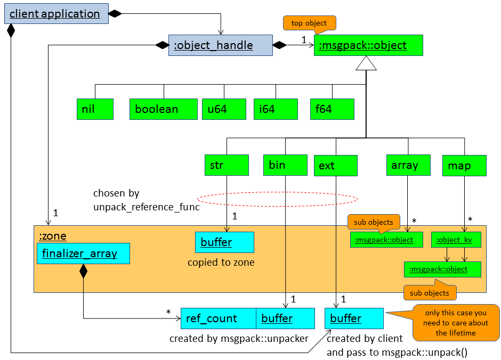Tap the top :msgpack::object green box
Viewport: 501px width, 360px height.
(368, 45)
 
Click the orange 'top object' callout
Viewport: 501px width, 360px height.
(309, 23)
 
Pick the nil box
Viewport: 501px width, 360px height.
(95, 109)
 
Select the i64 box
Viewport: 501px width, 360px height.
(276, 109)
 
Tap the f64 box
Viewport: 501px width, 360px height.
(332, 109)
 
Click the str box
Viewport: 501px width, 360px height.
(227, 165)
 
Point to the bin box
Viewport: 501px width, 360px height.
(285, 165)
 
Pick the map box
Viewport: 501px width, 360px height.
(464, 166)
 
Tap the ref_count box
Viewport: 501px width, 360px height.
(219, 318)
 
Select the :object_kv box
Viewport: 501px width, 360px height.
(456, 240)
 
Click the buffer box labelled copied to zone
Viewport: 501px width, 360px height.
(224, 242)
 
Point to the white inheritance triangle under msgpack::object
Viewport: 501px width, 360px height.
(366, 64)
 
